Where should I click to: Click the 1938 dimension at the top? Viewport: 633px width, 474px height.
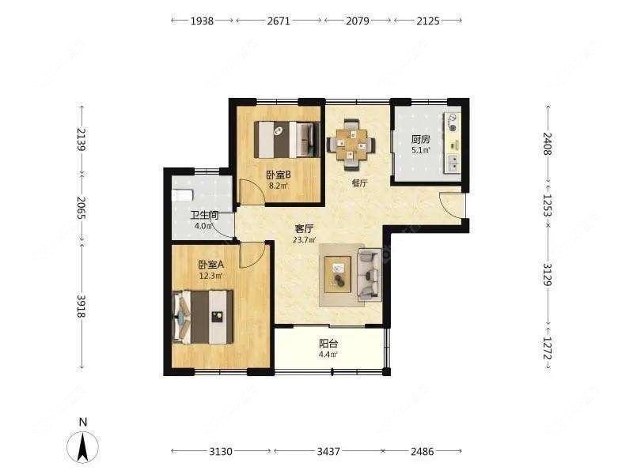coord(202,21)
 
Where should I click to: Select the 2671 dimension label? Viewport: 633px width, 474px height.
coord(279,21)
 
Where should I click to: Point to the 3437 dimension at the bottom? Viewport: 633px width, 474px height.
coord(328,451)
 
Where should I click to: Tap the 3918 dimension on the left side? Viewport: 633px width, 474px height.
coord(82,306)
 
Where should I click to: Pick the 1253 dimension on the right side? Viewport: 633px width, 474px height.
coord(547,205)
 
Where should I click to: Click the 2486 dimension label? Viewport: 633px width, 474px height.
coord(423,451)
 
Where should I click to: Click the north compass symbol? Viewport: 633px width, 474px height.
coord(83,446)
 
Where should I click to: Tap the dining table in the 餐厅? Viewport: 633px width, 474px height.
coord(351,145)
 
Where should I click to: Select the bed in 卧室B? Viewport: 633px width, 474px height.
coord(286,140)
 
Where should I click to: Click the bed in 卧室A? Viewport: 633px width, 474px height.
coord(203,317)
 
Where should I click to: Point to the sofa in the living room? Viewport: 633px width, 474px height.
coord(370,275)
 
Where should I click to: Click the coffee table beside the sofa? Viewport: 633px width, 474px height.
coord(339,274)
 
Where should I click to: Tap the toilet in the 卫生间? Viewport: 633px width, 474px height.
coord(182,195)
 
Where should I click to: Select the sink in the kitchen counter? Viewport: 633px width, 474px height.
coord(453,163)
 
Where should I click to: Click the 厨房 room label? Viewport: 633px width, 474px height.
coord(421,140)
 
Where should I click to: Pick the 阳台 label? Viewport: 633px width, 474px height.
coord(328,344)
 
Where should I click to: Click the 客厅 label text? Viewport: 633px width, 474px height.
coord(304,229)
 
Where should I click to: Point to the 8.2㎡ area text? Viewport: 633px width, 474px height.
coord(279,186)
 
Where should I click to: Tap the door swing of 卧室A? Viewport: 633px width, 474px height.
coord(252,255)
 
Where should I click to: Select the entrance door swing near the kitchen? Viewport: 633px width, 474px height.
coord(451,205)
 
